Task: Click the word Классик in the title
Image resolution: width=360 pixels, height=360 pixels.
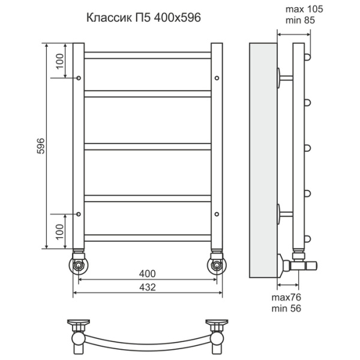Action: click(x=108, y=17)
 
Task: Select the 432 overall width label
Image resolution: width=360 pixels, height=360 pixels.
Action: click(x=147, y=287)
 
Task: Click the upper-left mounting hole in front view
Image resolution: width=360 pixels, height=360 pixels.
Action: click(x=79, y=78)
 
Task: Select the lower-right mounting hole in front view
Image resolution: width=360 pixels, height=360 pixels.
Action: click(x=216, y=212)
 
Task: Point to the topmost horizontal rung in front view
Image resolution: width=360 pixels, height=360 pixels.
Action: click(x=147, y=55)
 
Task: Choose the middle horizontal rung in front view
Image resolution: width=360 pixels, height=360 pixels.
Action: click(x=147, y=146)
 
